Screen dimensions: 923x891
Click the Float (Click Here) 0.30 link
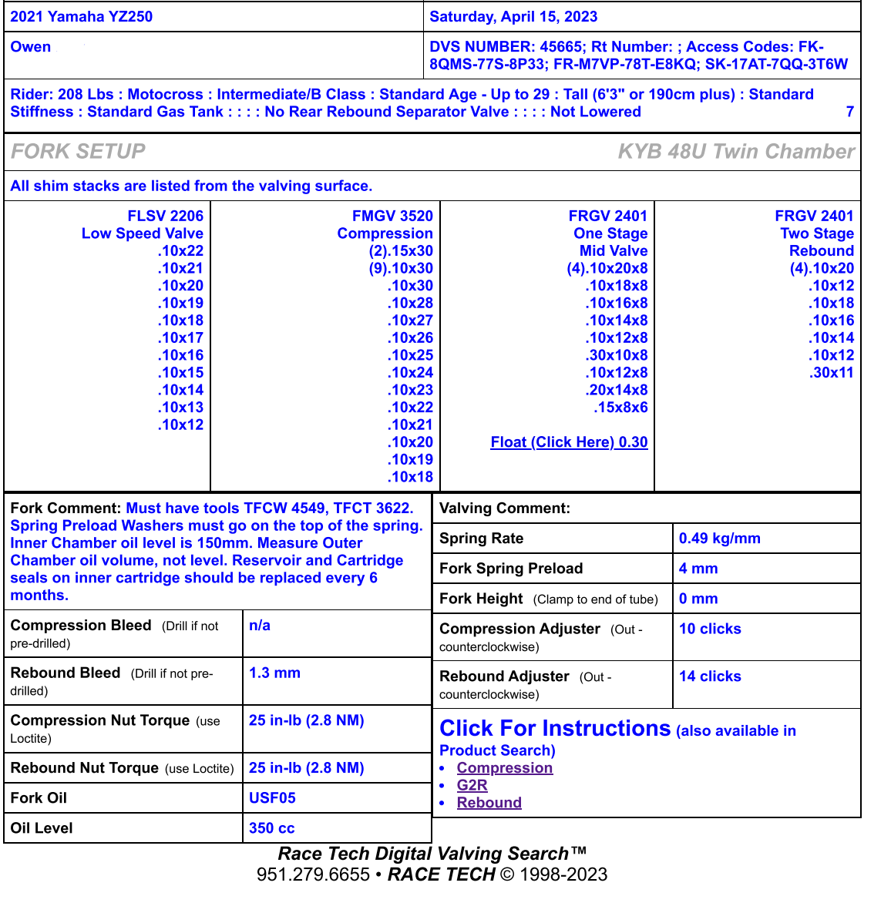click(x=569, y=442)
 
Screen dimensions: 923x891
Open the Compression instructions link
click(x=504, y=768)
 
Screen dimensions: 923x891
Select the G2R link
click(x=472, y=785)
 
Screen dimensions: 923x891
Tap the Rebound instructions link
click(x=489, y=803)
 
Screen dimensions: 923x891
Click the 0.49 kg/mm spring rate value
click(x=719, y=539)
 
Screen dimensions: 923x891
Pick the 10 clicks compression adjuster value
click(x=710, y=629)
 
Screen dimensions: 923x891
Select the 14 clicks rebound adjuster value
click(x=710, y=676)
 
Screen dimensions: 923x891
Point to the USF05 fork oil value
click(x=272, y=798)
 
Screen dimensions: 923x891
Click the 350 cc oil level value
click(x=271, y=828)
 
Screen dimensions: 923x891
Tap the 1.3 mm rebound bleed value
click(x=274, y=673)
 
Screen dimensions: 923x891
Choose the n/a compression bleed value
click(x=260, y=626)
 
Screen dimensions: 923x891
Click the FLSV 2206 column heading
click(x=165, y=216)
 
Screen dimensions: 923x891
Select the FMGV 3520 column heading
click(x=392, y=216)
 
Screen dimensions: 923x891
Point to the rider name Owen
click(x=31, y=47)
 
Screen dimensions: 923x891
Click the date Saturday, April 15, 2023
click(x=513, y=17)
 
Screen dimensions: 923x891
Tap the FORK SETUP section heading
click(x=78, y=151)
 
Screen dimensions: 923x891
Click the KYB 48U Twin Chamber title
click(x=736, y=151)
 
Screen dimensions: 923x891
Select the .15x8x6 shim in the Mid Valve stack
click(x=620, y=408)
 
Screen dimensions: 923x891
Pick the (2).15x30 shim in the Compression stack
click(x=401, y=251)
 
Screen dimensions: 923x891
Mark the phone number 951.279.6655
click(x=313, y=874)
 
